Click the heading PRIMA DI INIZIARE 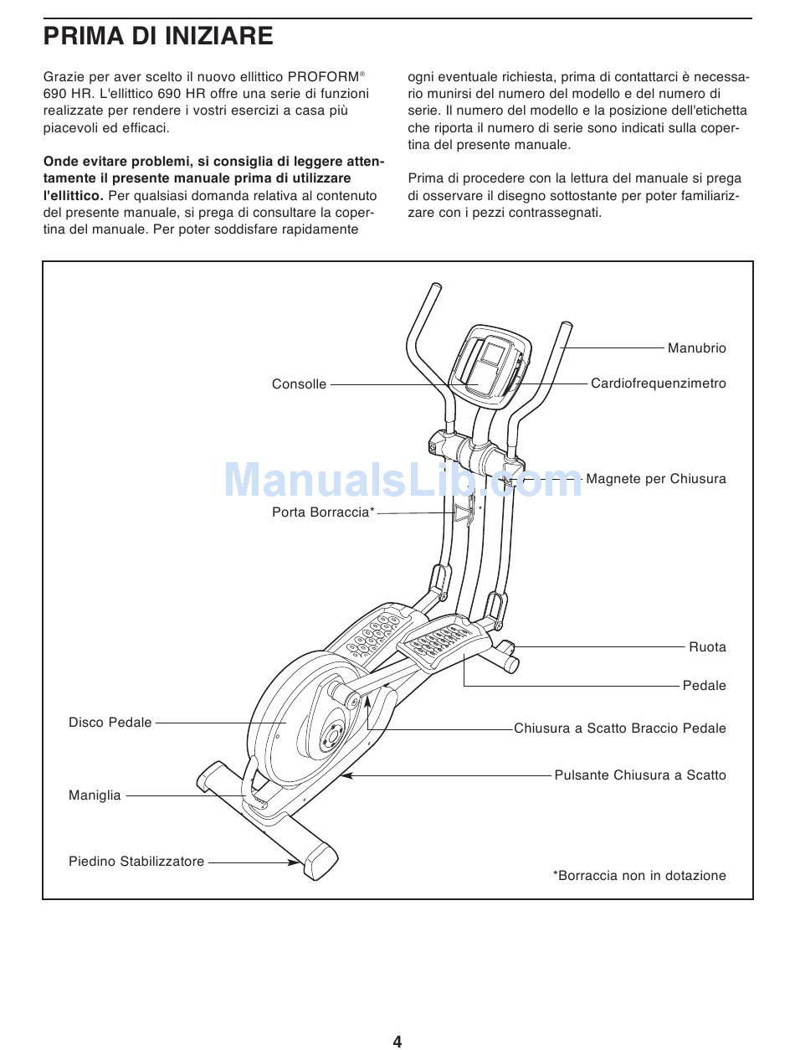coord(158,36)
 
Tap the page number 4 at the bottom coord(397,1041)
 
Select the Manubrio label coord(696,348)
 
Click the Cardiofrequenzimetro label coord(658,383)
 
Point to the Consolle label coord(299,384)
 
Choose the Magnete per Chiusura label coord(655,479)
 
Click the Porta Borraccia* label coord(323,512)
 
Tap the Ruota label coord(707,647)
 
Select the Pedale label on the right coord(704,686)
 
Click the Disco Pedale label coord(110,722)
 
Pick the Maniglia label coord(95,795)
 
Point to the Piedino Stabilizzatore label coord(136,861)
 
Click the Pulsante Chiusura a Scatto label coord(640,775)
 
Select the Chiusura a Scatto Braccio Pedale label coord(619,728)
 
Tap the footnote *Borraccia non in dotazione coord(639,876)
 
